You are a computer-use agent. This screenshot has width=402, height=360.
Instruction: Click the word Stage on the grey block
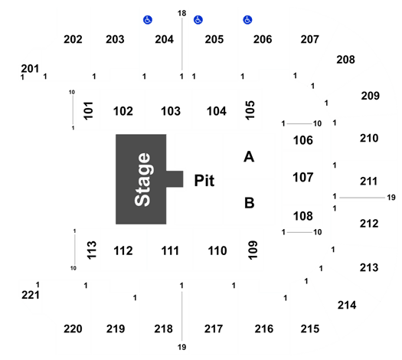pyautogui.click(x=142, y=179)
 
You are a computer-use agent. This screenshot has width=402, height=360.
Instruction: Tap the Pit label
pyautogui.click(x=204, y=181)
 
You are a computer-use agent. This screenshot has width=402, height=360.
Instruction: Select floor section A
pyautogui.click(x=249, y=157)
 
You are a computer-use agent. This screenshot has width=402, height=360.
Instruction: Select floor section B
pyautogui.click(x=249, y=202)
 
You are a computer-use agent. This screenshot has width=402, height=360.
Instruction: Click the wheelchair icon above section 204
pyautogui.click(x=148, y=20)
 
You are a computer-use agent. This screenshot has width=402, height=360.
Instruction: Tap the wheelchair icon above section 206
pyautogui.click(x=247, y=20)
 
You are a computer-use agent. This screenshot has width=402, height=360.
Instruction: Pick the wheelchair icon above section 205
pyautogui.click(x=198, y=20)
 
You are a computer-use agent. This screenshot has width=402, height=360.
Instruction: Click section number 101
pyautogui.click(x=89, y=111)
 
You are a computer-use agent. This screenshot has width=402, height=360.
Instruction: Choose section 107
pyautogui.click(x=303, y=178)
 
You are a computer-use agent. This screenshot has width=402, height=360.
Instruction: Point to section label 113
pyautogui.click(x=92, y=250)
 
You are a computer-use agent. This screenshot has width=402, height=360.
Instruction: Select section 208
pyautogui.click(x=345, y=60)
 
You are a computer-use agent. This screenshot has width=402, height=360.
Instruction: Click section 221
pyautogui.click(x=31, y=295)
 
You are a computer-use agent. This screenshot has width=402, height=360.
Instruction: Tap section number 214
pyautogui.click(x=347, y=305)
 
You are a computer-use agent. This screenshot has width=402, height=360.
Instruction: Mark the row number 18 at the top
pyautogui.click(x=181, y=13)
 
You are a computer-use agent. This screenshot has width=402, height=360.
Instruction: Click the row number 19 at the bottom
pyautogui.click(x=181, y=347)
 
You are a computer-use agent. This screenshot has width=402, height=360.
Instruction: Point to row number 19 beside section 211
pyautogui.click(x=391, y=198)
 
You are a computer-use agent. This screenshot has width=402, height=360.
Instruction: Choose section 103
pyautogui.click(x=171, y=111)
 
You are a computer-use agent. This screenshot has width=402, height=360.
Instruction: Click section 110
pyautogui.click(x=217, y=250)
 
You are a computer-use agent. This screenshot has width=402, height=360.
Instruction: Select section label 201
pyautogui.click(x=30, y=69)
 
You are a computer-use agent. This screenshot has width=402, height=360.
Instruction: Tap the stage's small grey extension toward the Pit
pyautogui.click(x=175, y=179)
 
